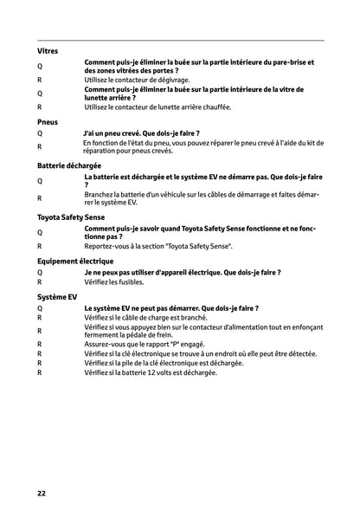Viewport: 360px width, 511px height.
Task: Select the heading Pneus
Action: (x=48, y=122)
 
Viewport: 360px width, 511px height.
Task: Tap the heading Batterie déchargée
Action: (x=69, y=164)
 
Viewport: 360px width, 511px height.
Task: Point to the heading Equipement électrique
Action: (x=75, y=260)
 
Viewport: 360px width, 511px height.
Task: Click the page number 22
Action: (x=42, y=494)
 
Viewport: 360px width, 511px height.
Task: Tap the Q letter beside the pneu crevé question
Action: (x=40, y=134)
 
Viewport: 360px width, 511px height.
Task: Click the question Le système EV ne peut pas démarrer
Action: (x=171, y=307)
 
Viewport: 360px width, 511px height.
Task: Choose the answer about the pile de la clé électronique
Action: (x=164, y=363)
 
